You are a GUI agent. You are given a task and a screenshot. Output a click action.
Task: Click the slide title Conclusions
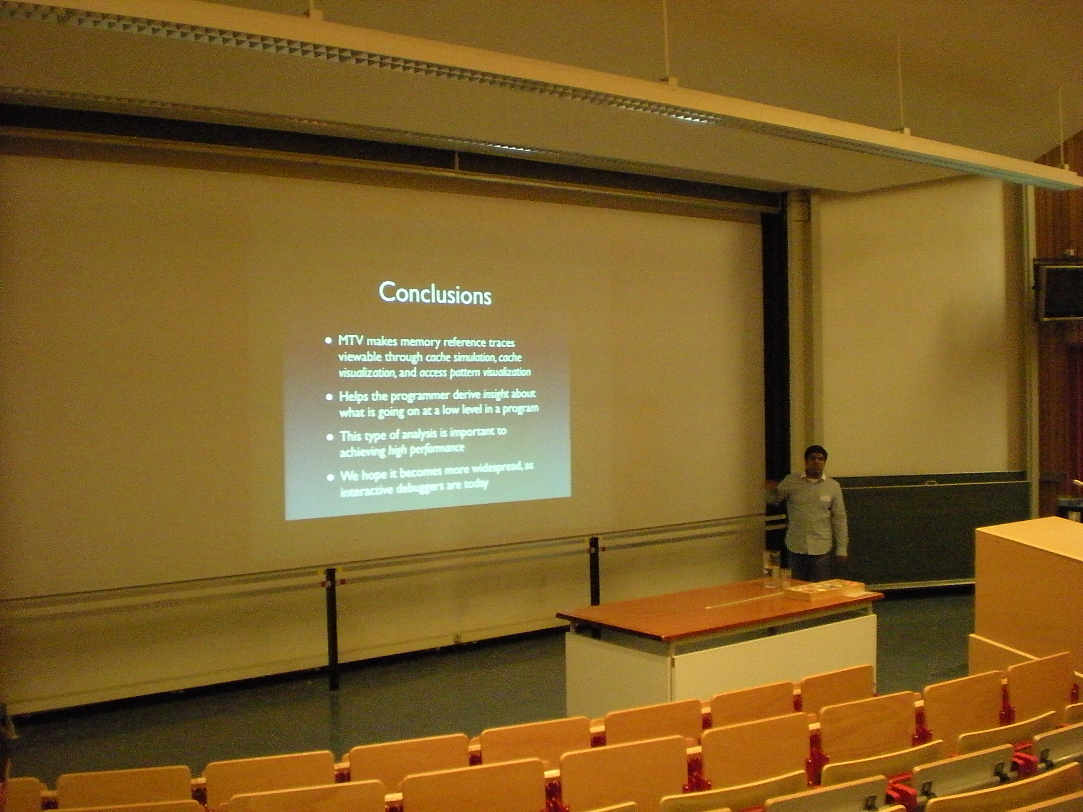coord(435,293)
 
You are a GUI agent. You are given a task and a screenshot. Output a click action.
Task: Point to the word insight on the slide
coord(496,394)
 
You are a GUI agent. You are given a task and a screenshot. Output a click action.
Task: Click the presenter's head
coord(816,460)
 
